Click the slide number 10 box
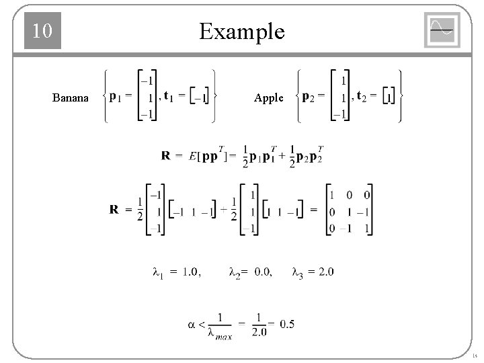click(43, 32)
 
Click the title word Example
click(241, 32)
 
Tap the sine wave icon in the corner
click(442, 30)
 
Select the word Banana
click(70, 98)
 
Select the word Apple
click(269, 98)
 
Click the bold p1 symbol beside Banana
click(116, 95)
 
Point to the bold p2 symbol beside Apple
click(311, 95)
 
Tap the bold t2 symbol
click(364, 95)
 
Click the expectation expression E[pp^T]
click(212, 155)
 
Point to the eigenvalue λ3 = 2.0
click(313, 272)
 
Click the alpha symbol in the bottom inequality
click(192, 324)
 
